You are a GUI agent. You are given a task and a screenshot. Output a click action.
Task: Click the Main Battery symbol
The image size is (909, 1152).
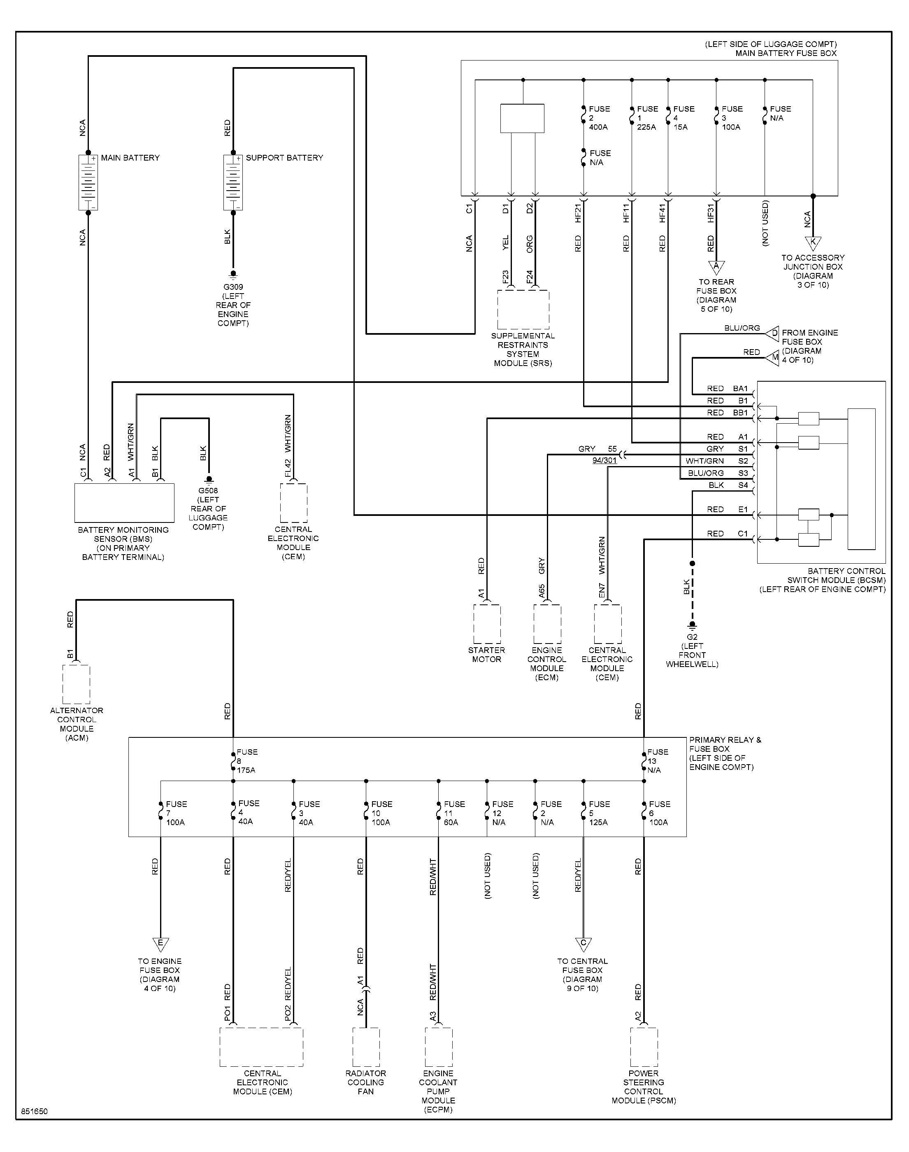(x=88, y=182)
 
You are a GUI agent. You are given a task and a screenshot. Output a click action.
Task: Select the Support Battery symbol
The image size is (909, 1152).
(x=233, y=182)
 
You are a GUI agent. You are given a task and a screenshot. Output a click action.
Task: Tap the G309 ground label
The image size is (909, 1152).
(x=233, y=287)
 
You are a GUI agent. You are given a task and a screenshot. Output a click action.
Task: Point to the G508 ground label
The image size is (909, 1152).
(x=208, y=490)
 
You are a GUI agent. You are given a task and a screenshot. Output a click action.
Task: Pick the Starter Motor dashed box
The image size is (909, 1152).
(x=487, y=624)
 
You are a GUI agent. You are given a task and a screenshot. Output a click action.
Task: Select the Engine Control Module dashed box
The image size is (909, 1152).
(x=548, y=624)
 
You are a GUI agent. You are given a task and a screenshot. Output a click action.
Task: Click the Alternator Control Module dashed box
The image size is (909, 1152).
(x=77, y=685)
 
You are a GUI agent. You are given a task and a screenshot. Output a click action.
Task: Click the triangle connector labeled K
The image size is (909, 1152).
(x=813, y=243)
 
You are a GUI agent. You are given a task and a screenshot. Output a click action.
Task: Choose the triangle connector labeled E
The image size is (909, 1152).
(x=160, y=944)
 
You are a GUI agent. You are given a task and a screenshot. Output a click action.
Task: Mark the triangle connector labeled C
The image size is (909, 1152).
(x=583, y=944)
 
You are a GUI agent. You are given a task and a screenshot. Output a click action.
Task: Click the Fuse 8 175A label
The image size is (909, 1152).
(x=247, y=761)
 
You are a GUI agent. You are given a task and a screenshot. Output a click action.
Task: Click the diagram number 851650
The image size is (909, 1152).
(x=35, y=1112)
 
